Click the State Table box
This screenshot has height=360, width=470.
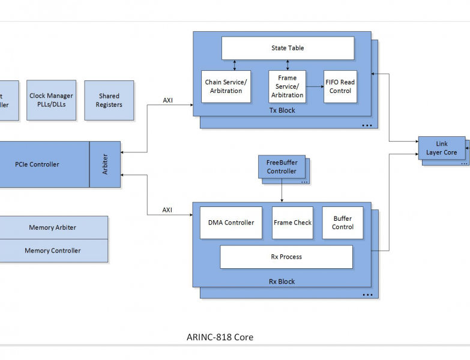[x=288, y=48]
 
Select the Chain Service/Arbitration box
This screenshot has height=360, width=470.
[x=226, y=86]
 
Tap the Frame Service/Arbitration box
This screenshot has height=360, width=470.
[x=287, y=86]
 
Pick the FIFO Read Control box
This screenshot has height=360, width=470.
[x=340, y=86]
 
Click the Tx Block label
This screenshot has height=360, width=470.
[x=282, y=110]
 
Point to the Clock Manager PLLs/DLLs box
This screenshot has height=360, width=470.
[x=51, y=100]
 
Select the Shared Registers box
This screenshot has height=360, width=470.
[x=109, y=100]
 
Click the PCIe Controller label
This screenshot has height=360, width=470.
[x=37, y=164]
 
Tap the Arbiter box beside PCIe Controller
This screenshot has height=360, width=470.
[x=105, y=164]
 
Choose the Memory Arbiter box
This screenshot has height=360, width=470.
[x=53, y=227]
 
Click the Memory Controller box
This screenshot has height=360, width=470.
[x=53, y=251]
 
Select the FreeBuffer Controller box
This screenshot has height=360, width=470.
[x=282, y=167]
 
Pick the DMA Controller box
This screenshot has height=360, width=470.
[x=231, y=223]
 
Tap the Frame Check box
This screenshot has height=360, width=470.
[x=292, y=223]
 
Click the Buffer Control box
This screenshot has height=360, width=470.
[x=343, y=223]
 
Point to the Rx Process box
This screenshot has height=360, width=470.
[x=286, y=257]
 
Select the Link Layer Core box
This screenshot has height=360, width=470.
[x=441, y=148]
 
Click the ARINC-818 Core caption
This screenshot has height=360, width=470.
[x=220, y=337]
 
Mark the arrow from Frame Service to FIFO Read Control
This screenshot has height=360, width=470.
[x=315, y=86]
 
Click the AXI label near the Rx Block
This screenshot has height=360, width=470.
[x=167, y=210]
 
